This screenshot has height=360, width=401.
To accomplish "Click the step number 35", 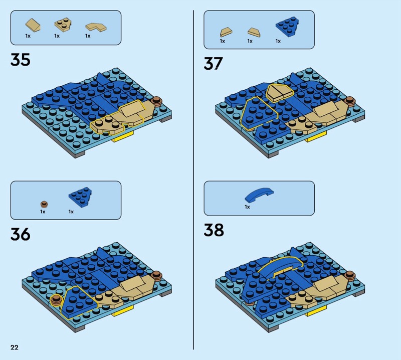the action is [x=21, y=60].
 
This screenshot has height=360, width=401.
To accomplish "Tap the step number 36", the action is [x=21, y=234].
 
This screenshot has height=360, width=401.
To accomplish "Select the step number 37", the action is [x=214, y=64].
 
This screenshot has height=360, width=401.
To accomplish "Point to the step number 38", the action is [x=214, y=230].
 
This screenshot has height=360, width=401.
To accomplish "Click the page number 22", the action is [x=15, y=347].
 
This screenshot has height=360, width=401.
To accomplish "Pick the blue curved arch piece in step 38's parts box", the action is [x=259, y=195].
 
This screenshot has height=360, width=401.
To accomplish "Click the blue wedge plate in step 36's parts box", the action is [x=80, y=197].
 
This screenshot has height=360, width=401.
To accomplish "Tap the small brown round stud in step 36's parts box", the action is [x=44, y=204].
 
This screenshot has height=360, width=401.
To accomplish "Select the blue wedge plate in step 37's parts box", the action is [x=287, y=27].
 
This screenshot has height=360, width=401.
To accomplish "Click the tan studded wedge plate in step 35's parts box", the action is [x=63, y=25].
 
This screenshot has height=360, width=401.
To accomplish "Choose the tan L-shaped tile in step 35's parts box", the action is [x=96, y=27].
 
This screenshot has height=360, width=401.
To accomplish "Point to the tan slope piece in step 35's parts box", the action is [x=33, y=25].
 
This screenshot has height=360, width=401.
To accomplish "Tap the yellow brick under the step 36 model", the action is [x=123, y=312].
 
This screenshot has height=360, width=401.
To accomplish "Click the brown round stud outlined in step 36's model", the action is [x=56, y=300].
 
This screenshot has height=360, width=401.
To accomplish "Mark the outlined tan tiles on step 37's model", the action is [x=280, y=92].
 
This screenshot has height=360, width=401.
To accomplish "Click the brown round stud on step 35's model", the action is [x=156, y=101].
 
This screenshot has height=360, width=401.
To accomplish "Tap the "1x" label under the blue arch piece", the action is [x=247, y=207].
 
